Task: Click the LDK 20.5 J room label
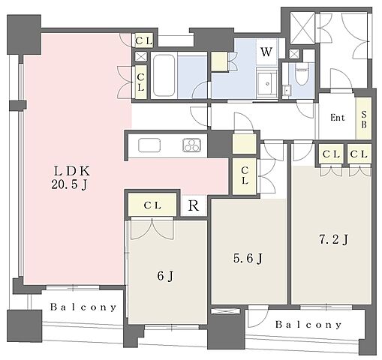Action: [71, 178]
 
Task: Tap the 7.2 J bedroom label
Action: [333, 240]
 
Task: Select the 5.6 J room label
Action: [248, 258]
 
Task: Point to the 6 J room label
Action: [165, 276]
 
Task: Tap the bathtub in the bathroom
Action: [164, 76]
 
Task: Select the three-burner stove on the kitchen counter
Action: [192, 145]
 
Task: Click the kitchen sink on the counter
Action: [149, 145]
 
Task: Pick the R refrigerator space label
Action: [194, 205]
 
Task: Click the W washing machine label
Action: [266, 52]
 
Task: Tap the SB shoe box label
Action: [364, 119]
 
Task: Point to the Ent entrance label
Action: [338, 118]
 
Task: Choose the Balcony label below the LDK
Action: [83, 307]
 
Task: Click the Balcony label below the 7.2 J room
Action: [308, 325]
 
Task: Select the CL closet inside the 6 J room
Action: [152, 205]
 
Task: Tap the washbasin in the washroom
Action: [267, 82]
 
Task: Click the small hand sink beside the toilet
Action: [287, 90]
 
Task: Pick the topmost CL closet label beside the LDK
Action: [144, 40]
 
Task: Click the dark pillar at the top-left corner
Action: [24, 34]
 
